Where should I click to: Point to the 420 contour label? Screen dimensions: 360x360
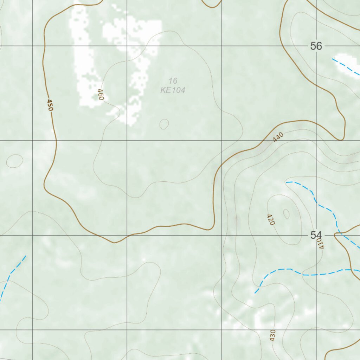271,219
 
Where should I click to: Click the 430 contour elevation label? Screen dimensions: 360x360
272,335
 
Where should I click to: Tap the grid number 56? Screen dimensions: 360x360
316,46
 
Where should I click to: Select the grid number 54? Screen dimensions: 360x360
316,235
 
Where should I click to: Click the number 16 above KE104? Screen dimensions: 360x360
173,81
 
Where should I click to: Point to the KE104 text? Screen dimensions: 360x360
173,90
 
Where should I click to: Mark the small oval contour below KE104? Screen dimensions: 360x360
164,124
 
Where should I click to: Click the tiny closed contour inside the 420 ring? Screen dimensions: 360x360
286,214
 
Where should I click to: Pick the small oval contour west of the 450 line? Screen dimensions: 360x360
14,161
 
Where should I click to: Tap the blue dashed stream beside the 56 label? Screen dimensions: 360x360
346,67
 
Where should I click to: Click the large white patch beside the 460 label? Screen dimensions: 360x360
84,67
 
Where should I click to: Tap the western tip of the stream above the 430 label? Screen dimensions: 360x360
255,292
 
